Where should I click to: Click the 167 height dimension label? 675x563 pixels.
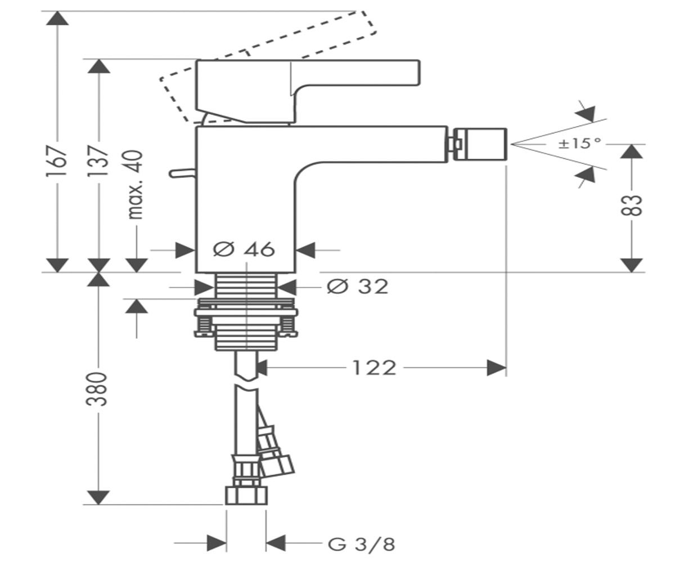(x=57, y=161)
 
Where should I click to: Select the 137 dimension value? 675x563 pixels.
(x=98, y=161)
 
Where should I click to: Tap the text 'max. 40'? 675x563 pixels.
(x=136, y=185)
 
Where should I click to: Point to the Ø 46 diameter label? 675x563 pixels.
(x=244, y=249)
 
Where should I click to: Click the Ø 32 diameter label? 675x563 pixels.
(x=357, y=287)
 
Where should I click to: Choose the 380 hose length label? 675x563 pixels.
(x=97, y=389)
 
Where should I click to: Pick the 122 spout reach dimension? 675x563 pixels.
(x=375, y=368)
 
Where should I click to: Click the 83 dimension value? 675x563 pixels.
(x=631, y=205)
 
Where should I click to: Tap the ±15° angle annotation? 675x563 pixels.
(x=580, y=143)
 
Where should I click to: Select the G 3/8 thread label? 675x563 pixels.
(x=362, y=544)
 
